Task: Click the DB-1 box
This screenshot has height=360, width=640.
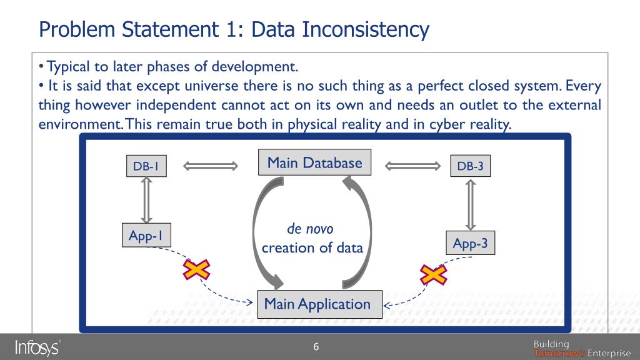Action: tap(146, 166)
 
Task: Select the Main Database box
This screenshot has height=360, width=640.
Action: tap(314, 163)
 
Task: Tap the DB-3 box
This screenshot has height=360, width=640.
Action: tap(470, 166)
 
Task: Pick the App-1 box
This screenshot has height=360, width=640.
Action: tap(146, 236)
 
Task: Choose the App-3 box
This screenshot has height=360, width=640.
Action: tap(470, 243)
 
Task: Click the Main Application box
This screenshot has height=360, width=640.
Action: tap(317, 304)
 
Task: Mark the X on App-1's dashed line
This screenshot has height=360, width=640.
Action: tap(196, 270)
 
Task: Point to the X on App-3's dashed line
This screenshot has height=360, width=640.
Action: tap(432, 274)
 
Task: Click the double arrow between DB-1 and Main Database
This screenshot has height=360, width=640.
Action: tap(211, 166)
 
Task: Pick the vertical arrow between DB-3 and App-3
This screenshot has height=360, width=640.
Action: tap(470, 205)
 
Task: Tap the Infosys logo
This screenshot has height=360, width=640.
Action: tap(37, 347)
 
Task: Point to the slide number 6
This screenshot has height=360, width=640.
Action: tap(316, 347)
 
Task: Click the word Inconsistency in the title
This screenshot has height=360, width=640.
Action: tap(366, 29)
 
